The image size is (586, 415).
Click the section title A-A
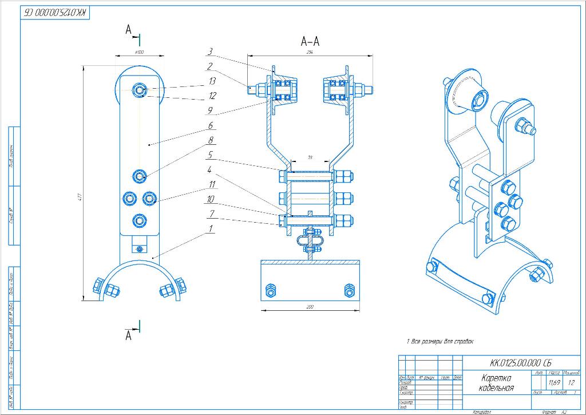click(310, 41)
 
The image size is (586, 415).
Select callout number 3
click(211, 52)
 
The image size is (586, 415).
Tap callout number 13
click(212, 81)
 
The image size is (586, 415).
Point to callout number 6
click(211, 125)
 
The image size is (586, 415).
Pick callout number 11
click(212, 184)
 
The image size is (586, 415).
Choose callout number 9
click(211, 110)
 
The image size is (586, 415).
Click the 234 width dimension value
click(310, 52)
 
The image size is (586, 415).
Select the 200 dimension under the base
click(310, 307)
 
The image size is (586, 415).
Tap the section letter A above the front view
click(129, 30)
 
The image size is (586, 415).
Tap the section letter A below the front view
click(129, 336)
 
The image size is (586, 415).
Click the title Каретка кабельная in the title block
click(496, 383)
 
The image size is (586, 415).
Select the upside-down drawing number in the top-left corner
click(56, 13)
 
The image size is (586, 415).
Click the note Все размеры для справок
click(441, 341)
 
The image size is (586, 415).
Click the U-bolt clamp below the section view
click(310, 243)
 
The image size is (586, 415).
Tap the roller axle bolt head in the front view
click(140, 89)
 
